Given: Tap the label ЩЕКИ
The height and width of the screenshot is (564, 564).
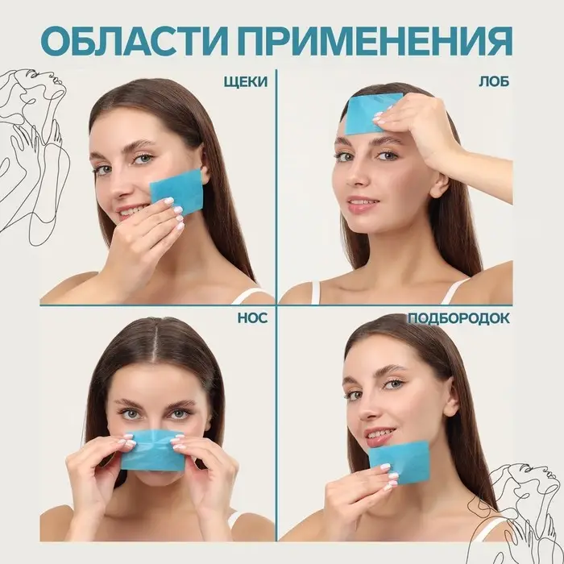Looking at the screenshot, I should (245, 81).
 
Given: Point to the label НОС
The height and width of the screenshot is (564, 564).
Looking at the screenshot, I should (251, 317).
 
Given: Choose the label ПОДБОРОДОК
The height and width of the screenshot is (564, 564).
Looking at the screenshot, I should (458, 317).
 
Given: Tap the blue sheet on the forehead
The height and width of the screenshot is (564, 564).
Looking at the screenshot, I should (371, 114).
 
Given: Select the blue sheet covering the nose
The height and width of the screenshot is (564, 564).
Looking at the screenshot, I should (153, 451).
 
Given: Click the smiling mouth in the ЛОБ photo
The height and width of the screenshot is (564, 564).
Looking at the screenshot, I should (363, 205).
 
